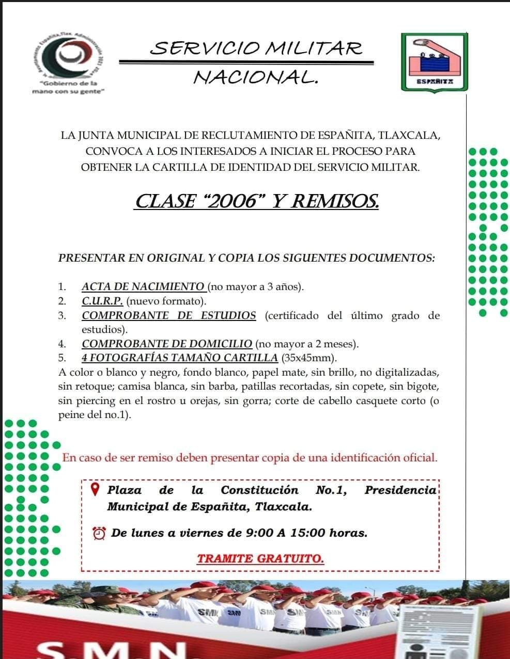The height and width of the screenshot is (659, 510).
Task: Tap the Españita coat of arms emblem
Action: [434, 61]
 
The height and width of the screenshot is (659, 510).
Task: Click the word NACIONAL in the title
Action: [255, 77]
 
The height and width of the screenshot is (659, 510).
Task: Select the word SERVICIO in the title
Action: [204, 49]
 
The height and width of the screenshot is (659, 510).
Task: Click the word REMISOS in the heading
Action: [335, 201]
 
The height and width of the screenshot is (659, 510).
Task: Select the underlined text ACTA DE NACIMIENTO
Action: [143, 286]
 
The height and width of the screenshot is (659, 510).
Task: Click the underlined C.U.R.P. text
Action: [102, 301]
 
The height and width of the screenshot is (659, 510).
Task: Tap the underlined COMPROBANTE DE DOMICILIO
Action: [167, 344]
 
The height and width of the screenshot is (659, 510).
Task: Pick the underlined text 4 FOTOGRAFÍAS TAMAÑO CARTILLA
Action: [180, 358]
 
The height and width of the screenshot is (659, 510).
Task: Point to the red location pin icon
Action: [95, 489]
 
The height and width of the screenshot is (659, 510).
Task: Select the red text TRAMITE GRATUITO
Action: [260, 558]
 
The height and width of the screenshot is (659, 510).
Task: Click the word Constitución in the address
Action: [259, 490]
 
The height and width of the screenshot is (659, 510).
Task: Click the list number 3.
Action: [62, 315]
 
